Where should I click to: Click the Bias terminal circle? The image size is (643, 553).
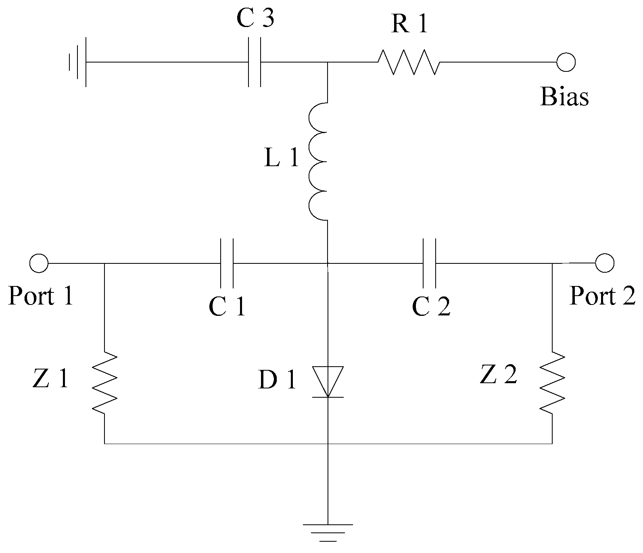tap(566, 63)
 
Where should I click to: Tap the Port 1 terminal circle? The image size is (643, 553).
tap(39, 263)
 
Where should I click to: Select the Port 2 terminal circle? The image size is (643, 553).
tap(604, 263)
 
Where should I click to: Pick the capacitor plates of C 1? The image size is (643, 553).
tap(227, 263)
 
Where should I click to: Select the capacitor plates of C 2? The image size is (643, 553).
tap(429, 263)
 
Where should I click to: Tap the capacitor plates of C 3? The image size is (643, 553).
tap(254, 63)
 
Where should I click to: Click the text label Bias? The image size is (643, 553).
tap(564, 97)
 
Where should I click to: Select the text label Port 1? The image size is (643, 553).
tap(41, 296)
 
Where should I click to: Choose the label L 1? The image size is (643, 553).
tap(282, 159)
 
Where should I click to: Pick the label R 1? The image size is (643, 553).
tap(409, 25)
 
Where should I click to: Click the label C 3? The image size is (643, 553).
tap(255, 19)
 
